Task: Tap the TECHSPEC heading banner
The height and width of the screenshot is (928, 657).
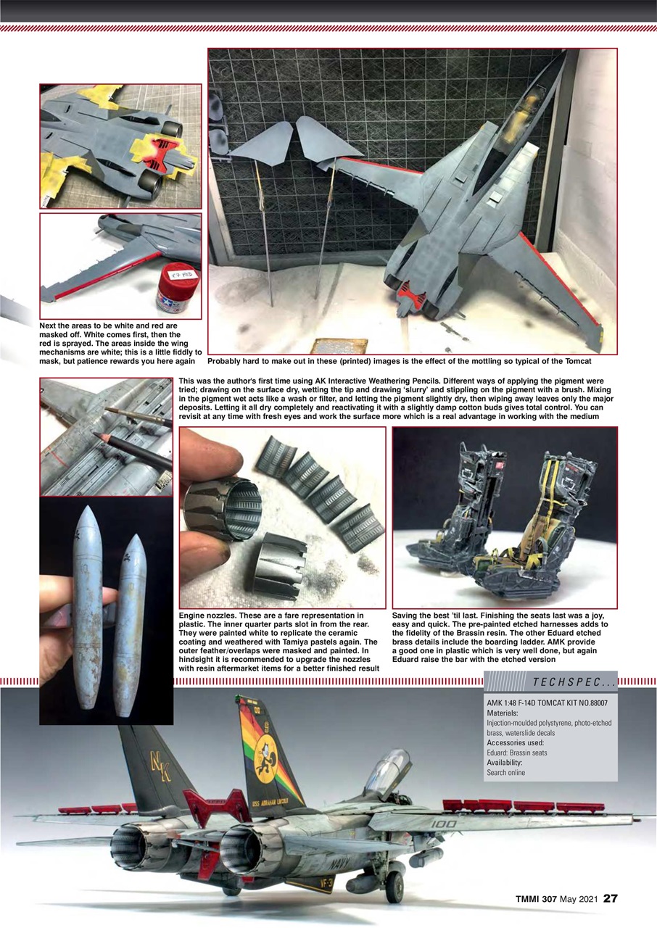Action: click(572, 681)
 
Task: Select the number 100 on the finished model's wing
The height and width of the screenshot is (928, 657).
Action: click(443, 824)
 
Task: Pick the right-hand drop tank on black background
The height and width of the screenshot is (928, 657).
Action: click(130, 625)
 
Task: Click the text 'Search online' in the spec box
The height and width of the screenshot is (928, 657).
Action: click(506, 772)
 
